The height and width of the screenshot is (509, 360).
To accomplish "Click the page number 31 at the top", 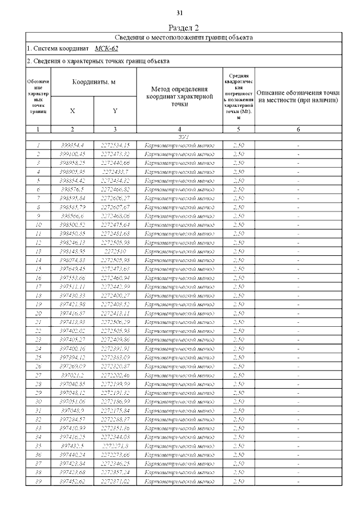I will (180, 13).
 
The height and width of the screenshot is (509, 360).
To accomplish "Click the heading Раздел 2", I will (184, 28).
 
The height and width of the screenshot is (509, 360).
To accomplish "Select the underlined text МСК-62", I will (106, 49).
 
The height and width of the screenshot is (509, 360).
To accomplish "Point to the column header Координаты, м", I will (93, 82).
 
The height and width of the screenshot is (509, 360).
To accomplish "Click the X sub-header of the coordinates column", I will (73, 111).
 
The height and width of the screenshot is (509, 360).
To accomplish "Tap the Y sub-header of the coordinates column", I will (115, 111).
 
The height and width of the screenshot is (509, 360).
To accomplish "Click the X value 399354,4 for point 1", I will (73, 145).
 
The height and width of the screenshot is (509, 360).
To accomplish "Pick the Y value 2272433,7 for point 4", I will (115, 172).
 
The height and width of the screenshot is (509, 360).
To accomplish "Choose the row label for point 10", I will (38, 224).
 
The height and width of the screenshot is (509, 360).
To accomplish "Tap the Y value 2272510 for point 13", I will (115, 251).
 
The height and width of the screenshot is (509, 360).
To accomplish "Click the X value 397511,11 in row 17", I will (73, 286).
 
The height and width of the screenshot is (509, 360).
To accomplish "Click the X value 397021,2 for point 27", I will (73, 375).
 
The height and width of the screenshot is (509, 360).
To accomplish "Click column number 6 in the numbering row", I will (298, 129).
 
